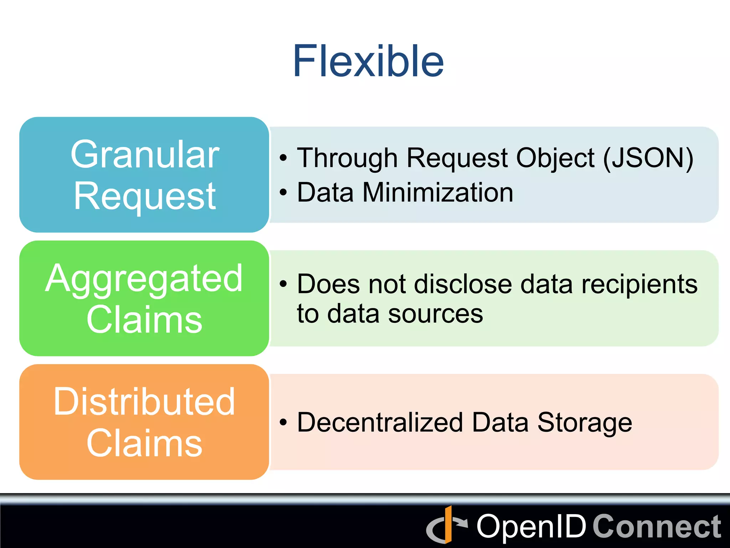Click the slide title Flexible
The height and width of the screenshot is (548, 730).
click(x=368, y=61)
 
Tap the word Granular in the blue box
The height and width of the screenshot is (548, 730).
click(x=145, y=155)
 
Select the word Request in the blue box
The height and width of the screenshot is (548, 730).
click(x=145, y=196)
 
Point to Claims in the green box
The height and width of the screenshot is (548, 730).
click(x=144, y=320)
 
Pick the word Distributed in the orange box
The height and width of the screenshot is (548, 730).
click(x=144, y=402)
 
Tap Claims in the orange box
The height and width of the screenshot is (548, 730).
click(x=144, y=443)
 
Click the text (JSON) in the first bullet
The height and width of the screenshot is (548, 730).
click(x=648, y=158)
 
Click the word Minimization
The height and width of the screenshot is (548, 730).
click(x=438, y=193)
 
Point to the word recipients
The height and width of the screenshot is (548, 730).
click(x=639, y=284)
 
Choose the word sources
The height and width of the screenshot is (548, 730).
click(x=435, y=314)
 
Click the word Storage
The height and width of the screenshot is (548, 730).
click(x=585, y=422)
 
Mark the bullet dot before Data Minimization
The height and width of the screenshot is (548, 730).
click(x=283, y=193)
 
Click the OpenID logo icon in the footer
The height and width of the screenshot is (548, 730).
click(x=447, y=525)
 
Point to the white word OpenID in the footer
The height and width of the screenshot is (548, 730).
click(x=531, y=527)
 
